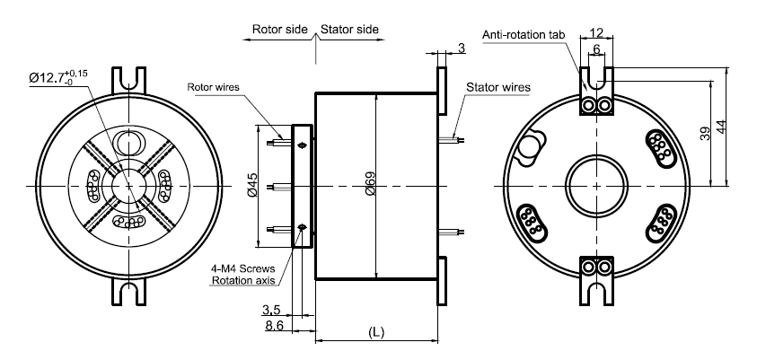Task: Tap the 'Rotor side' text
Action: [280, 30]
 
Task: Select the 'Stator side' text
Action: [349, 30]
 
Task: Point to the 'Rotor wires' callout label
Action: [214, 87]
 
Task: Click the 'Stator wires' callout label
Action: [498, 87]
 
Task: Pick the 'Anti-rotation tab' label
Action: [524, 35]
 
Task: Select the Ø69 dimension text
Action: [370, 184]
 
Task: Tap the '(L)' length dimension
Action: [376, 332]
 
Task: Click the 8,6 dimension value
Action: [274, 326]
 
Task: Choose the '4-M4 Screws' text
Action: [243, 268]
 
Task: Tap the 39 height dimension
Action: [705, 134]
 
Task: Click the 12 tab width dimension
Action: [597, 32]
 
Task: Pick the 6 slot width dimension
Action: [597, 49]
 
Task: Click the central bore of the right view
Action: [597, 186]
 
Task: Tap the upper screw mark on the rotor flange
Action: [303, 145]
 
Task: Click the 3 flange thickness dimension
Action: [462, 48]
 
